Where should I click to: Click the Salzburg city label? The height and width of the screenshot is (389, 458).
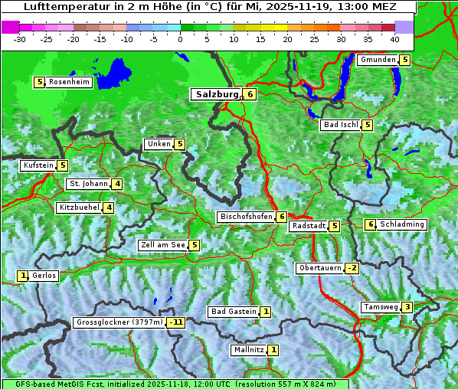click(217, 94)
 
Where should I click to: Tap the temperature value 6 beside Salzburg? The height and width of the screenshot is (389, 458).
click(250, 94)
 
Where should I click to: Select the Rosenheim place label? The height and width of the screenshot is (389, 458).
click(69, 82)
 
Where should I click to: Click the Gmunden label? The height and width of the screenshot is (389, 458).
click(378, 60)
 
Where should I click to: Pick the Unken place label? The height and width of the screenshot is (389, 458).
click(159, 144)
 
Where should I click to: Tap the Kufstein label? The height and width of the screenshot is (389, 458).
click(38, 165)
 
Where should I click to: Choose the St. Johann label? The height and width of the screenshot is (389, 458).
click(88, 184)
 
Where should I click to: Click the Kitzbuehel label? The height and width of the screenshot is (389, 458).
click(79, 208)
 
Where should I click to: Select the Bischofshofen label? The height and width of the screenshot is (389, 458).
click(246, 217)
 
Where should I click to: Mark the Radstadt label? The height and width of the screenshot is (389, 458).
click(309, 226)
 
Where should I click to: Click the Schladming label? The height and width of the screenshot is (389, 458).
click(402, 224)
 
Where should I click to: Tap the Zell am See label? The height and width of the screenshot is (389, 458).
click(163, 245)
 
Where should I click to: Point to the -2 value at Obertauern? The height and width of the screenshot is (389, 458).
click(352, 268)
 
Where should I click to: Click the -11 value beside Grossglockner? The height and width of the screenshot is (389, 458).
click(177, 322)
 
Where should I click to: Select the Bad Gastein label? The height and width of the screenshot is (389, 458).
click(234, 312)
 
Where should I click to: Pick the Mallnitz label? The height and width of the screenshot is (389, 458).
click(248, 350)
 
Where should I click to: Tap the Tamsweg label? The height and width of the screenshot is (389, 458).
click(381, 307)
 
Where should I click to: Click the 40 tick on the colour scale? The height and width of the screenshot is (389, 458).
click(394, 39)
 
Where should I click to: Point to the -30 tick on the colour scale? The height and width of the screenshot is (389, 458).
click(20, 39)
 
